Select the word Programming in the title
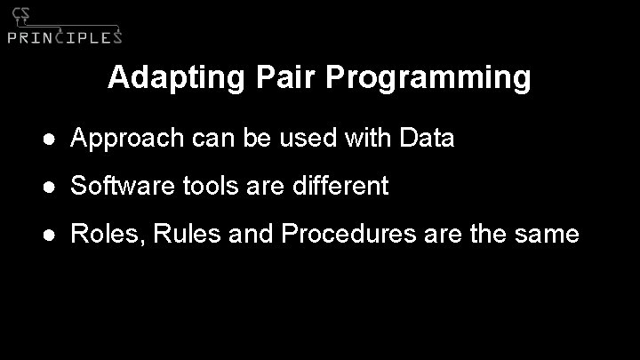click(x=428, y=79)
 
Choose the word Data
click(x=428, y=138)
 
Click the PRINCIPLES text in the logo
click(x=64, y=36)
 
